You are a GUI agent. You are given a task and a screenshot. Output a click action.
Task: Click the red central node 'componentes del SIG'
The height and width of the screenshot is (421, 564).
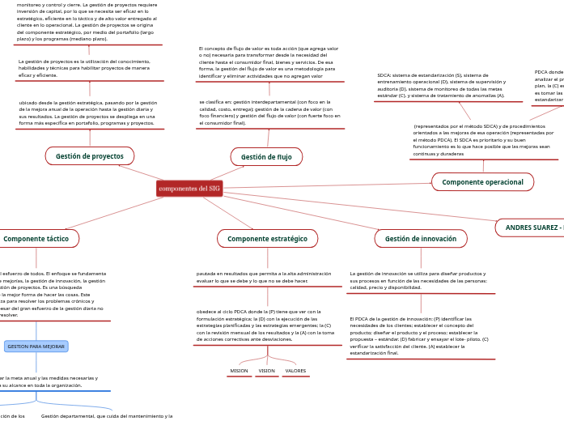pos(189,189)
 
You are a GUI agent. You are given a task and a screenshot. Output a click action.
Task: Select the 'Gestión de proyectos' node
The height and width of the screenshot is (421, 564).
pos(90,156)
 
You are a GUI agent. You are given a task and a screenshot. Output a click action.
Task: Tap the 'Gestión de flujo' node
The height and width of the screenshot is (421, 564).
pos(266,157)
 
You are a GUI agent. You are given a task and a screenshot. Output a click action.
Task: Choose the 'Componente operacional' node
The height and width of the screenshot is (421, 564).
pos(482,182)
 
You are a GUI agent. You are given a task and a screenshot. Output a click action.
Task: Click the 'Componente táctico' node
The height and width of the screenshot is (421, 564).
pos(36,239)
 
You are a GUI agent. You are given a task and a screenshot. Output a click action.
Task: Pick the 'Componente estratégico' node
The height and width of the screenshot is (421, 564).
pos(267,239)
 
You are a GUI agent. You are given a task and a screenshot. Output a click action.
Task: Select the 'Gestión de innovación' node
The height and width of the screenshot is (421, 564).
pos(421,239)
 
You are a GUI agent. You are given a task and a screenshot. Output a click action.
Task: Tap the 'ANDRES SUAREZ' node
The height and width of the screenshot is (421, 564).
pos(531,228)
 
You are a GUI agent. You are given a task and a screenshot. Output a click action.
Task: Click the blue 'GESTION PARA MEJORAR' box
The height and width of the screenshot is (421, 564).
pos(36,347)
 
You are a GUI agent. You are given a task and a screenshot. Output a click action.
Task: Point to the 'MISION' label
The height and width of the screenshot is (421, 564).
pos(239,371)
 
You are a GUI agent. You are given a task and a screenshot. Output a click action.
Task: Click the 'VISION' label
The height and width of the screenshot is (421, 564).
pos(267,371)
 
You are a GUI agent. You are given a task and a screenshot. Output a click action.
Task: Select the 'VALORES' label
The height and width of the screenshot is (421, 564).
pos(295,371)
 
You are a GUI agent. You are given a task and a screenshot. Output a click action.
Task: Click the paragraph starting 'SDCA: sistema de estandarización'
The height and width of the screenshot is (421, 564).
pos(441,85)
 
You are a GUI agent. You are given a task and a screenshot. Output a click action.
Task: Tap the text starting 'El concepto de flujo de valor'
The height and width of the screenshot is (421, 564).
pos(269,62)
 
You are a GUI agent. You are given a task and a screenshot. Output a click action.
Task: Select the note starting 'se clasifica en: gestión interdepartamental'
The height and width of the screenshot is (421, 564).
pos(269,113)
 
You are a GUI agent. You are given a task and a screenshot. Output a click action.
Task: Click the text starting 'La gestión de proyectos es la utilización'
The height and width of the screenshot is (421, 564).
pos(84,68)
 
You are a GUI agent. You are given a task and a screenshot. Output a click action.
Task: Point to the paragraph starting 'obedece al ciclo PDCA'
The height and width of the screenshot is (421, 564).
pos(265,325)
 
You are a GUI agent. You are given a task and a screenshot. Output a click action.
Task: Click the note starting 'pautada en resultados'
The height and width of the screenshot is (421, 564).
pos(263,277)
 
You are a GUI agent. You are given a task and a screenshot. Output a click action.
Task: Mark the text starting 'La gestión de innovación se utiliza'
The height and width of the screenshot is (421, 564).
pos(418,280)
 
